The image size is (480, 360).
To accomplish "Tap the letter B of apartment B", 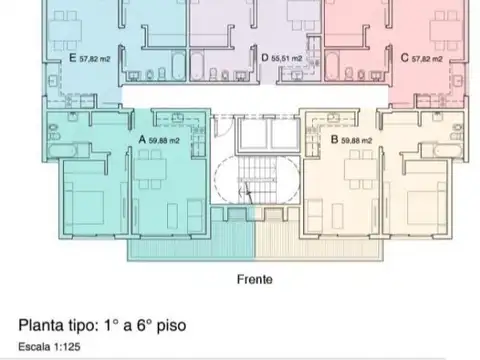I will coord(334,139).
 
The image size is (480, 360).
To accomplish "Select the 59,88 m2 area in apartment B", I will coord(357,140).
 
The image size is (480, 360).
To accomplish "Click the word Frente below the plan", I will coord(256,280).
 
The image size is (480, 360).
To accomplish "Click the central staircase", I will coord(258,180).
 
